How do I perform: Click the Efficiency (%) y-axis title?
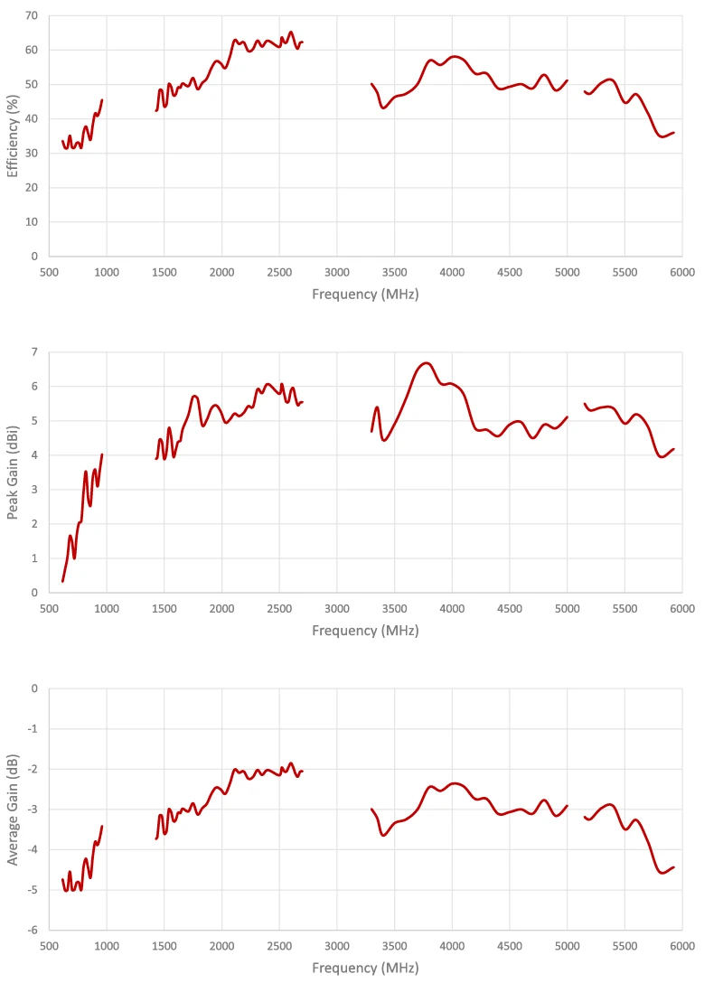[x=14, y=136]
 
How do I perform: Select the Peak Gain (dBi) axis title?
[x=14, y=472]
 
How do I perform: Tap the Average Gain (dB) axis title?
[x=14, y=809]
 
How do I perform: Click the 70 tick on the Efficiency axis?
[x=32, y=16]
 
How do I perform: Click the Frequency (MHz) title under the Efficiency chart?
[x=365, y=295]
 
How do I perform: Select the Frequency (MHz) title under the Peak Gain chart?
[x=365, y=631]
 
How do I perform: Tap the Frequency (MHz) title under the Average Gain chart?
[x=365, y=968]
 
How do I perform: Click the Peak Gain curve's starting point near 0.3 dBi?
[x=62, y=581]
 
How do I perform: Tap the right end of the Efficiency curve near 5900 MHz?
[x=673, y=133]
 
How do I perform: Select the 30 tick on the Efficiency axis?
[x=32, y=154]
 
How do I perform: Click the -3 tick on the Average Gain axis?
[x=33, y=809]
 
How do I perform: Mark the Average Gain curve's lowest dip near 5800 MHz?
[x=662, y=873]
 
